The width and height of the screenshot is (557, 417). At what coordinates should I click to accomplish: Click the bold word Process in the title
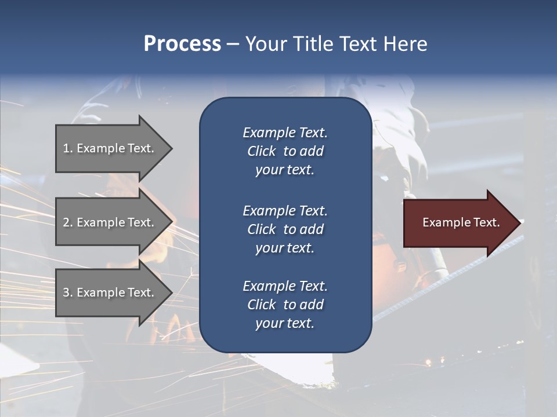(x=182, y=44)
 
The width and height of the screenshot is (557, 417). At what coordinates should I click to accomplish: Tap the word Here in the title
(x=405, y=44)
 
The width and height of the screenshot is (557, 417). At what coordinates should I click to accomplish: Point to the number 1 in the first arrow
(x=66, y=148)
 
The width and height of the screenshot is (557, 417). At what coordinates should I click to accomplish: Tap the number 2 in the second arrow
(x=66, y=222)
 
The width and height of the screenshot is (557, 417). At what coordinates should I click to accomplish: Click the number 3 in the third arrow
(x=66, y=292)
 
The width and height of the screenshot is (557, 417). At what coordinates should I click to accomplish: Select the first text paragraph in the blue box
(x=285, y=151)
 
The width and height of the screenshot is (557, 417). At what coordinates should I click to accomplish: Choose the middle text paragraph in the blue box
(x=285, y=229)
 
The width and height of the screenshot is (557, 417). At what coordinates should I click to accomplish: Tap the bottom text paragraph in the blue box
(x=285, y=305)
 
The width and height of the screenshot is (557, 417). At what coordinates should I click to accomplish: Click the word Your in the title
(x=265, y=44)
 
